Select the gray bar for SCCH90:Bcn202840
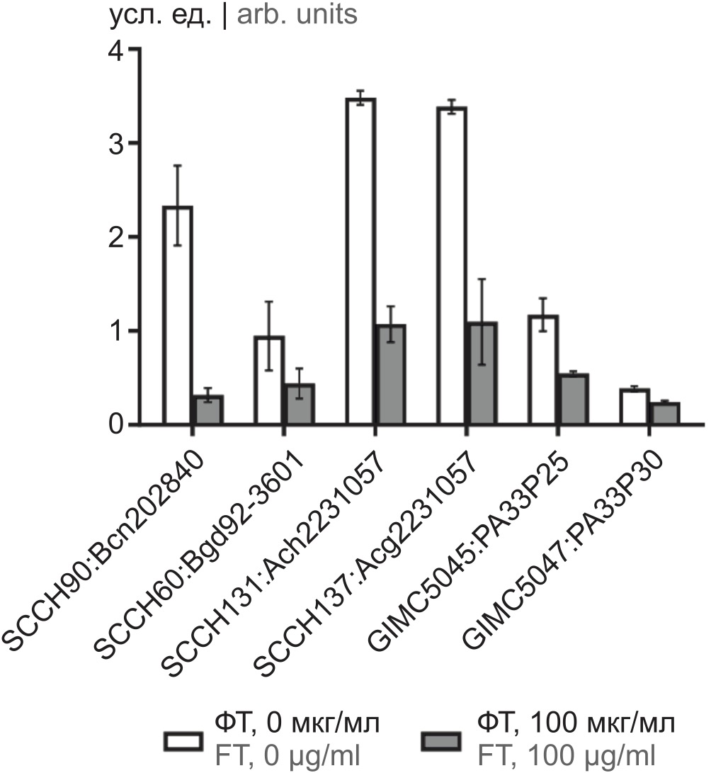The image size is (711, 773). (x=209, y=410)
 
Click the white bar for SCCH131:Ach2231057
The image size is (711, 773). (x=360, y=261)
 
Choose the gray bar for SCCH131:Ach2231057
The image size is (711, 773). (x=390, y=375)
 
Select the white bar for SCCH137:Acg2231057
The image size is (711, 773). (x=450, y=266)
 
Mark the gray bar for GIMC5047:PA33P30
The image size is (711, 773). (x=664, y=414)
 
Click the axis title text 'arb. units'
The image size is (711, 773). (x=297, y=15)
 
